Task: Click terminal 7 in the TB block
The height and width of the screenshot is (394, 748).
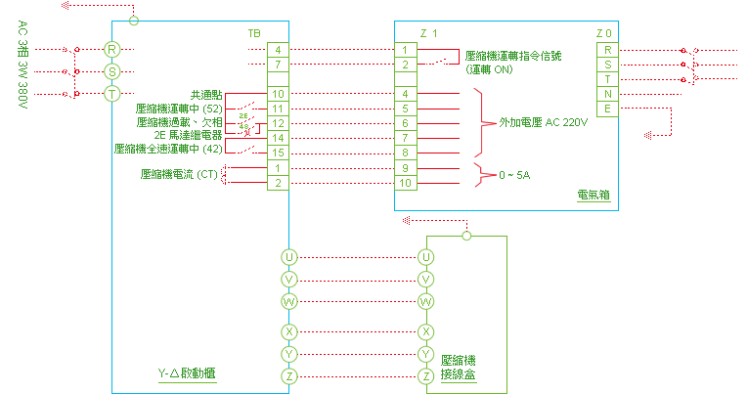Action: pos(278,65)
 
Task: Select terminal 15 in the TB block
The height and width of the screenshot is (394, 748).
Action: pos(278,153)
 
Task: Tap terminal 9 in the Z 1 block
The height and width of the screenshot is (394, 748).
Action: pos(404,167)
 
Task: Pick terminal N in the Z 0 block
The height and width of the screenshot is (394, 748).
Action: pos(608,93)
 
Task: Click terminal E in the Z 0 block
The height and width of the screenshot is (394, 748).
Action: pos(608,108)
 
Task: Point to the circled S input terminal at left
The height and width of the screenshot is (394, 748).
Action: pos(112,70)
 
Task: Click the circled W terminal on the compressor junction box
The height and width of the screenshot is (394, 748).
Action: pos(425,301)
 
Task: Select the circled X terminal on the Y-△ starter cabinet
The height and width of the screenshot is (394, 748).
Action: pos(288,331)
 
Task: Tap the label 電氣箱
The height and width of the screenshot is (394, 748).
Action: pos(594,196)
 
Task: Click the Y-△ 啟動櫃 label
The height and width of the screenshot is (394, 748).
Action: pos(187,374)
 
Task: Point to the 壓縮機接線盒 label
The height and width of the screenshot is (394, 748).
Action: pos(460,368)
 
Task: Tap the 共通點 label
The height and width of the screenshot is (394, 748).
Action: pos(207,94)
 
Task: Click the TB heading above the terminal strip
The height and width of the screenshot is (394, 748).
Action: pos(254,33)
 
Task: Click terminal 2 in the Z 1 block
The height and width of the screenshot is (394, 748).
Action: pos(404,65)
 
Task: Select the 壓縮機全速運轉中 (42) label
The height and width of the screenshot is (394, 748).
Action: pos(168,150)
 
